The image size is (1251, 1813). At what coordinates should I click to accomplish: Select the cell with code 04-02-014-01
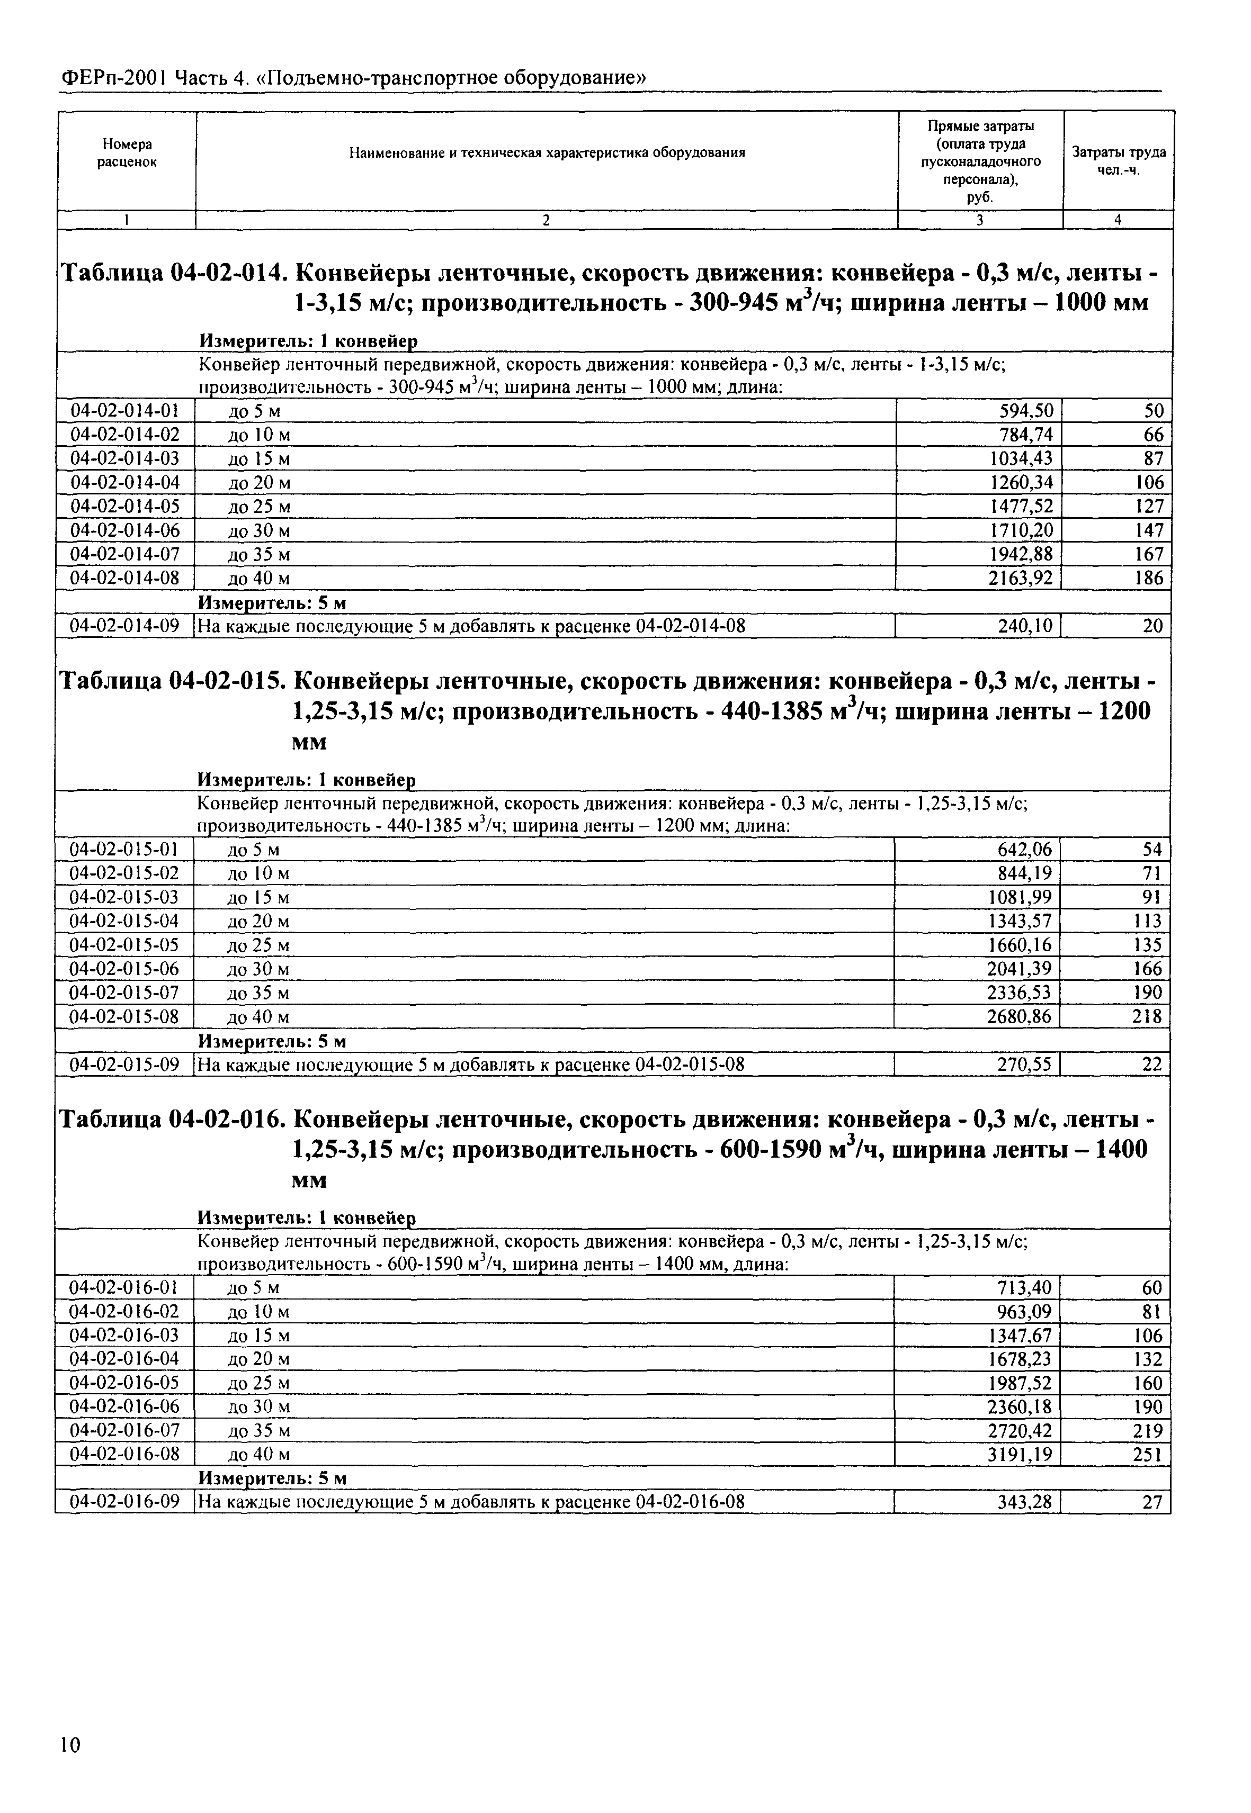(x=126, y=411)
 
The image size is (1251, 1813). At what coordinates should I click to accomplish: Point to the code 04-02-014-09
(x=126, y=626)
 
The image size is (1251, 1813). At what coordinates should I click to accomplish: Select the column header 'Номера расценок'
(x=127, y=153)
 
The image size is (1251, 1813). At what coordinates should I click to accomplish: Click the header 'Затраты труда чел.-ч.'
(x=1119, y=160)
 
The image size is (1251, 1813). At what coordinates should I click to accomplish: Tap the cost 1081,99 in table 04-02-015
(x=1020, y=897)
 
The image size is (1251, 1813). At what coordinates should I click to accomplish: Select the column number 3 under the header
(x=980, y=221)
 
